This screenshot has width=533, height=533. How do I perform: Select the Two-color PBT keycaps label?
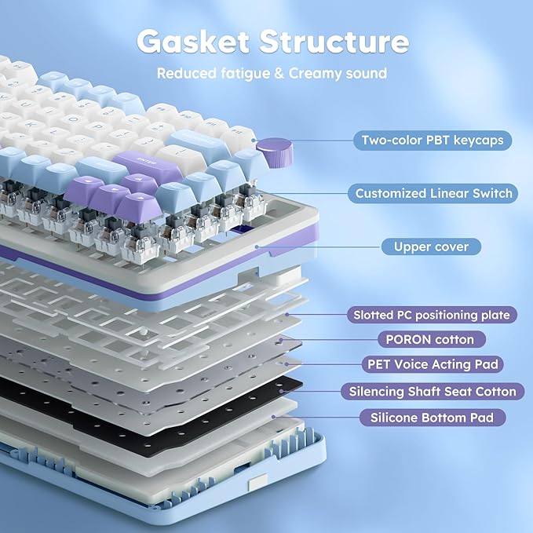tap(433, 141)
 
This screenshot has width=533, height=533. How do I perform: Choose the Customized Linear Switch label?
tap(433, 193)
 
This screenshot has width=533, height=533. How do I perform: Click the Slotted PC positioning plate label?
tap(431, 315)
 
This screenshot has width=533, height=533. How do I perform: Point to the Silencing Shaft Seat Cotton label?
tap(433, 391)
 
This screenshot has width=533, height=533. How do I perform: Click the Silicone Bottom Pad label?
tap(432, 418)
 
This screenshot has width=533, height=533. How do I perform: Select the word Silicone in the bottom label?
tap(396, 418)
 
